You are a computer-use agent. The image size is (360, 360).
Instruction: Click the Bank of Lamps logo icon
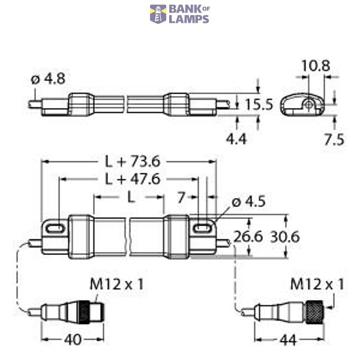coord(158,14)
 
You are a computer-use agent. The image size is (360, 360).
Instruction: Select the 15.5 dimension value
coord(259,104)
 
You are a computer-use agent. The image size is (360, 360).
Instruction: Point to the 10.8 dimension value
coord(315,67)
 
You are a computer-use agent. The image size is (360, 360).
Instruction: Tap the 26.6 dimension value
coord(248,237)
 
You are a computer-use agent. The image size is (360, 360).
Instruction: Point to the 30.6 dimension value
coord(285,237)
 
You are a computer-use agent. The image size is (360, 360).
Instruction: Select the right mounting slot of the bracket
coord(203,228)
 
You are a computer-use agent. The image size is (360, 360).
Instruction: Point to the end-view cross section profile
coord(303,104)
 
